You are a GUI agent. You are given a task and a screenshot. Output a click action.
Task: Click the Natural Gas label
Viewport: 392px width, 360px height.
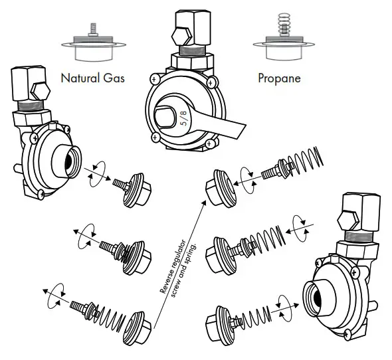click(93, 78)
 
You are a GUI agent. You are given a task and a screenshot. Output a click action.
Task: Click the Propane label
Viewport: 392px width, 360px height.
click(279, 78)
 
